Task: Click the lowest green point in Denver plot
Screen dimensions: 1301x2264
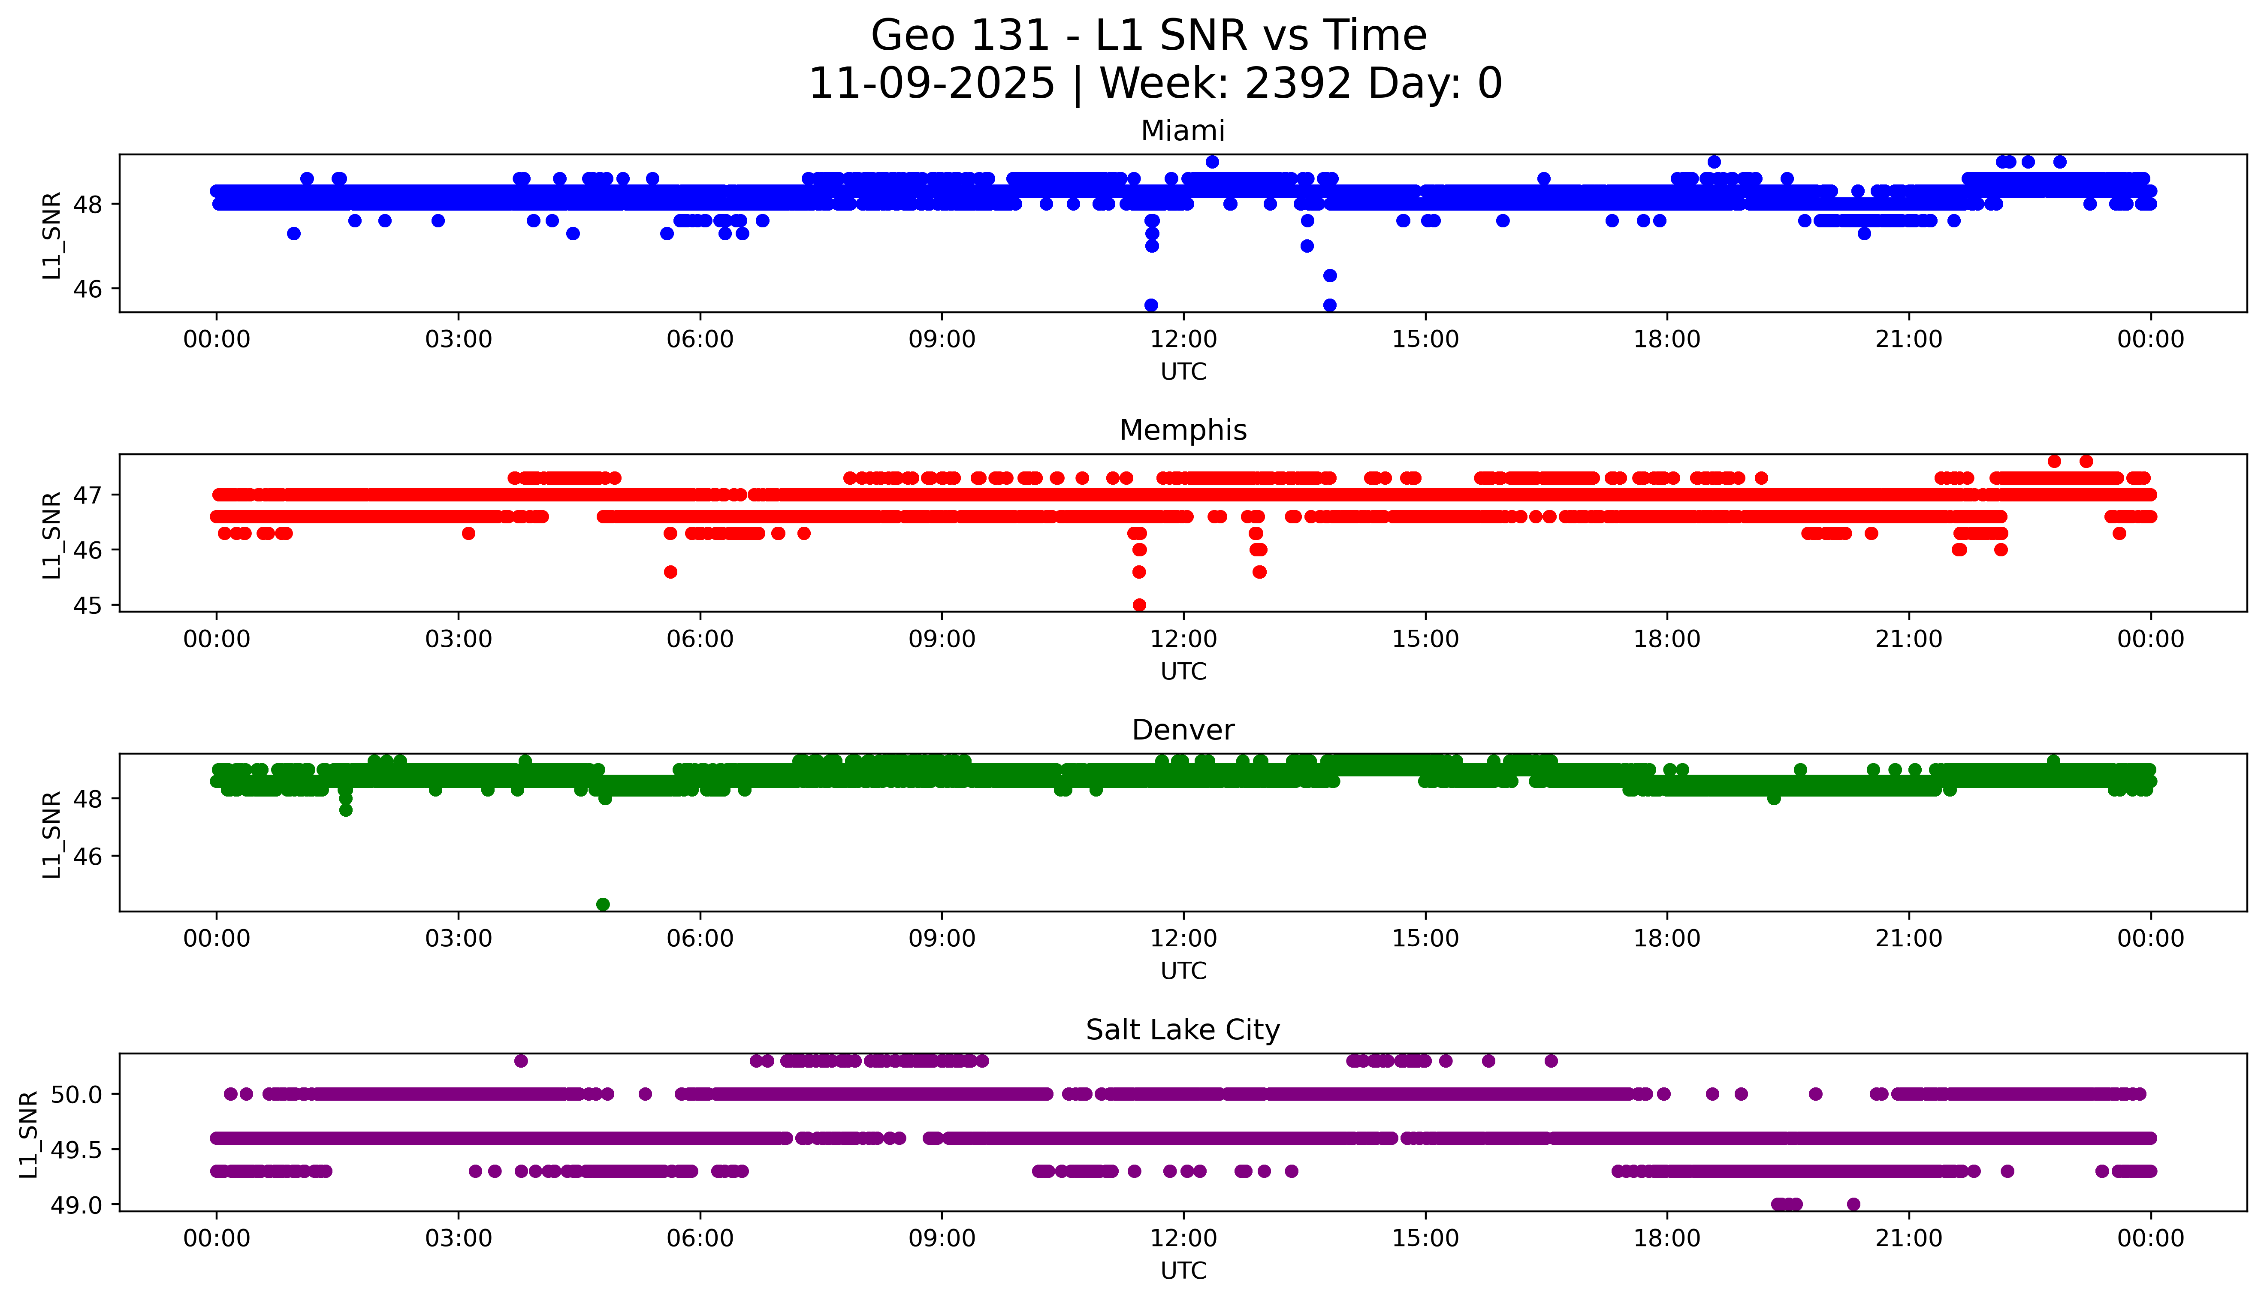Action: [603, 904]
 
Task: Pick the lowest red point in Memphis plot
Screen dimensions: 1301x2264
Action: [1139, 605]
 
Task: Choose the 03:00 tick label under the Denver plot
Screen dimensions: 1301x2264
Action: [459, 939]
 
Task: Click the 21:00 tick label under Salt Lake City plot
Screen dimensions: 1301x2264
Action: [1908, 1238]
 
